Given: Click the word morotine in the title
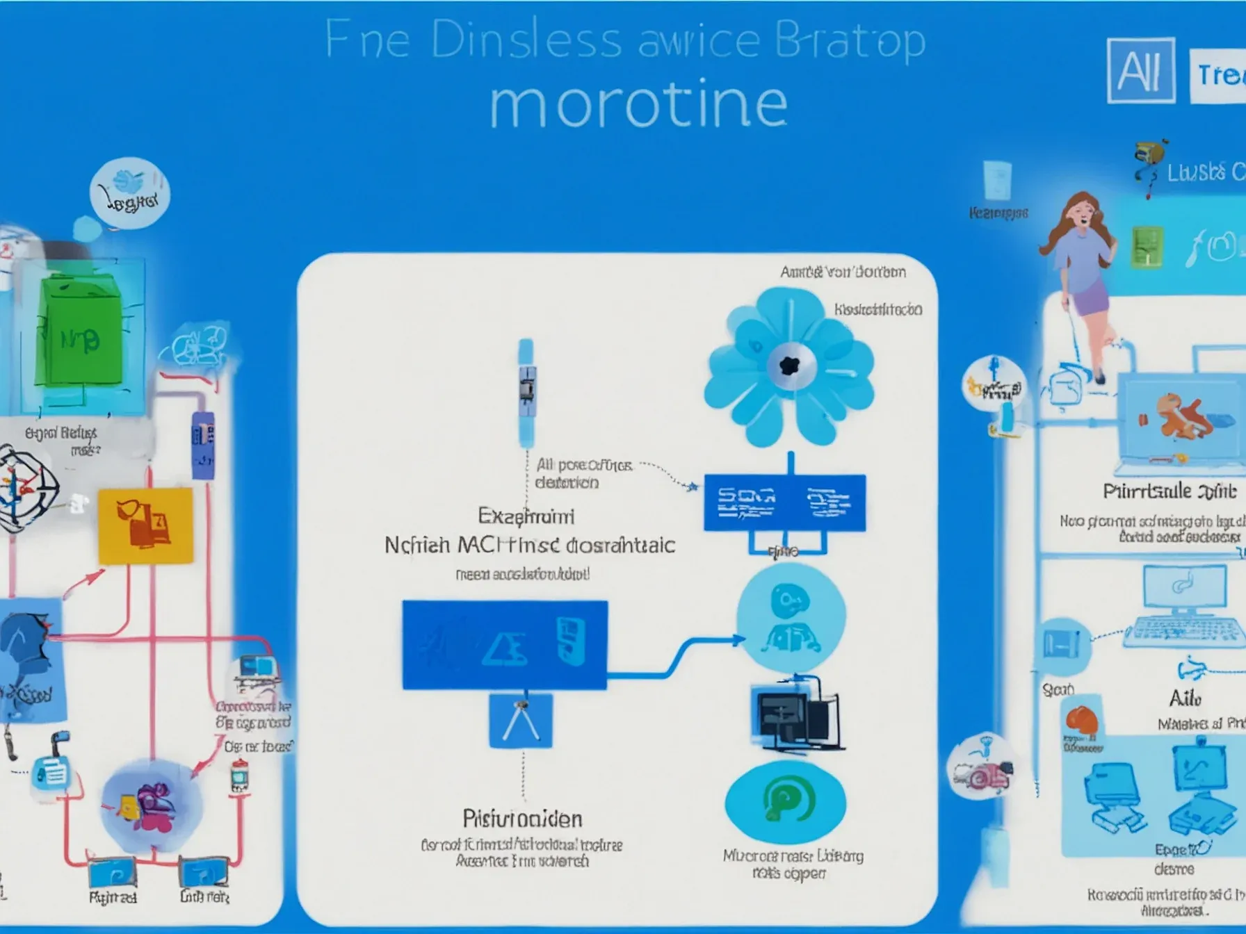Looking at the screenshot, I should tap(638, 104).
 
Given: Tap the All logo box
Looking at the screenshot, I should tap(1140, 70).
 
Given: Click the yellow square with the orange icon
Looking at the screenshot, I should tap(145, 525).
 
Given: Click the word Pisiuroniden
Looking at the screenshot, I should tap(522, 819).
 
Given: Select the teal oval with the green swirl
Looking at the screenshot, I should tap(785, 803).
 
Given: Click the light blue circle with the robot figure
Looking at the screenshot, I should tap(791, 617).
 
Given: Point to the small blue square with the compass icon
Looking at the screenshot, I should tap(521, 721).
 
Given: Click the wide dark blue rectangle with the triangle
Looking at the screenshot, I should tap(505, 645).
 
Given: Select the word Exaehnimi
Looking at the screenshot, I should tap(526, 516).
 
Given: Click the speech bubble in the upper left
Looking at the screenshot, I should tap(130, 192).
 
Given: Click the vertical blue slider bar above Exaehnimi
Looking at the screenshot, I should tap(526, 393).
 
